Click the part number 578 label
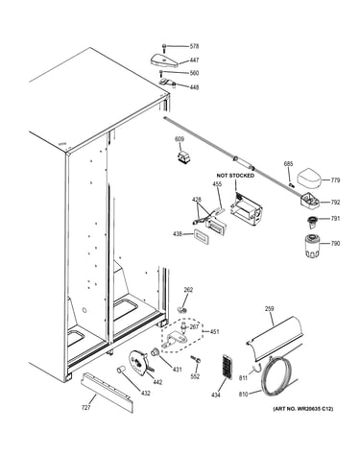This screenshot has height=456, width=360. (x=194, y=46)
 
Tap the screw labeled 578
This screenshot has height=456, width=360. (x=164, y=48)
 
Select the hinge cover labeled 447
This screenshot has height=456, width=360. (x=165, y=60)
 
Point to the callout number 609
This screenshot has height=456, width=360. (x=180, y=139)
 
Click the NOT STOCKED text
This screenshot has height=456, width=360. (x=235, y=176)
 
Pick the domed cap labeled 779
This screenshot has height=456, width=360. (x=309, y=180)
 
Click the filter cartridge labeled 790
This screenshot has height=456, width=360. (x=311, y=246)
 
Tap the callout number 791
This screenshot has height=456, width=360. (x=335, y=219)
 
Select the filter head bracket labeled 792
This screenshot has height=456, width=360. (x=310, y=202)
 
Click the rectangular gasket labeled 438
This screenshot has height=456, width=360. (x=202, y=236)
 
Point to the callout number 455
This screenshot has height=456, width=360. (x=217, y=184)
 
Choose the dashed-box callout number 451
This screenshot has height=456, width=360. (x=214, y=332)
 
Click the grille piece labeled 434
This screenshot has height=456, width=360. (x=226, y=367)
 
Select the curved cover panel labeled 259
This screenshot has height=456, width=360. (x=275, y=339)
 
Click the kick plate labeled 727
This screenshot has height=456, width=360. (x=107, y=392)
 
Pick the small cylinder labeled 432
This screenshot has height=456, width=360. (x=121, y=370)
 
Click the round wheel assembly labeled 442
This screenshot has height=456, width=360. (x=139, y=363)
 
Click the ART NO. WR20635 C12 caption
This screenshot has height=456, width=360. (x=302, y=409)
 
